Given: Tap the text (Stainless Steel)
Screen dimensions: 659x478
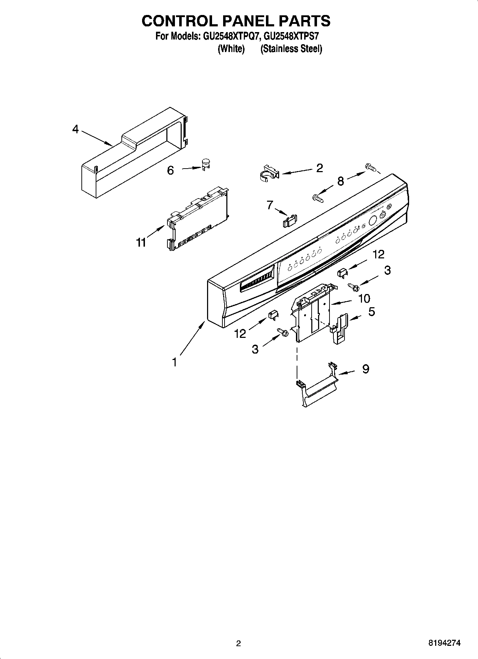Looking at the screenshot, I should (291, 49).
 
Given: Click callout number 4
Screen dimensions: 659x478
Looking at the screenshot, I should (75, 129).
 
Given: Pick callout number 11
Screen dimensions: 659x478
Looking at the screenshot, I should (141, 242).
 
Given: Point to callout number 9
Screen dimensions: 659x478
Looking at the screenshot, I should (366, 369).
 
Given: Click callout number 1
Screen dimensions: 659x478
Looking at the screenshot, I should (174, 362).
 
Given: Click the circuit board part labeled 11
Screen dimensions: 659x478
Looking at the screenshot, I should (198, 220).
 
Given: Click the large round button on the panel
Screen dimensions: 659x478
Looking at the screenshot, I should (372, 221).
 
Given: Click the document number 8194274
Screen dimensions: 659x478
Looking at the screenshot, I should (444, 643).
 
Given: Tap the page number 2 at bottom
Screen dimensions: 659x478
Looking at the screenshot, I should (238, 643).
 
